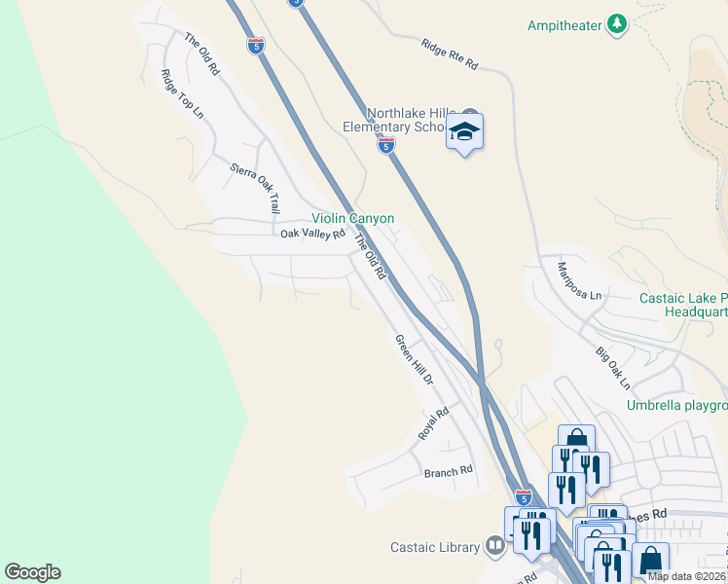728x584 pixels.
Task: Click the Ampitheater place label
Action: tap(564, 25)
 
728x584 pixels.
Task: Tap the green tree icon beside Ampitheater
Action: tap(616, 23)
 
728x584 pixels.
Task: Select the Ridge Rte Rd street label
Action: tap(450, 55)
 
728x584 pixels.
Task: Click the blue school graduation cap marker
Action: tap(465, 132)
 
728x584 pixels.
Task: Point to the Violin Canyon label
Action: tap(352, 218)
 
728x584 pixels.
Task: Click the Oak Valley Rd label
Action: tap(312, 234)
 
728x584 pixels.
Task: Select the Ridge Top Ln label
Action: tap(183, 94)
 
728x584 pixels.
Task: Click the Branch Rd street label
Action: tap(448, 471)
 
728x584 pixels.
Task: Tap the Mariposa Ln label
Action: tap(580, 279)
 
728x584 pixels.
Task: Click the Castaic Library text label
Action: tap(435, 547)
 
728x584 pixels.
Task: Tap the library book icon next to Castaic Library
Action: tap(496, 546)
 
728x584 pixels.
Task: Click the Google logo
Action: tap(32, 572)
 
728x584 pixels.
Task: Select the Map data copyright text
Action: tap(685, 576)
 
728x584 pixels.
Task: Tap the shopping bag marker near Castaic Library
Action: tap(649, 562)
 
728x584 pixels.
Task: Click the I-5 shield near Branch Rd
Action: tap(523, 496)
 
